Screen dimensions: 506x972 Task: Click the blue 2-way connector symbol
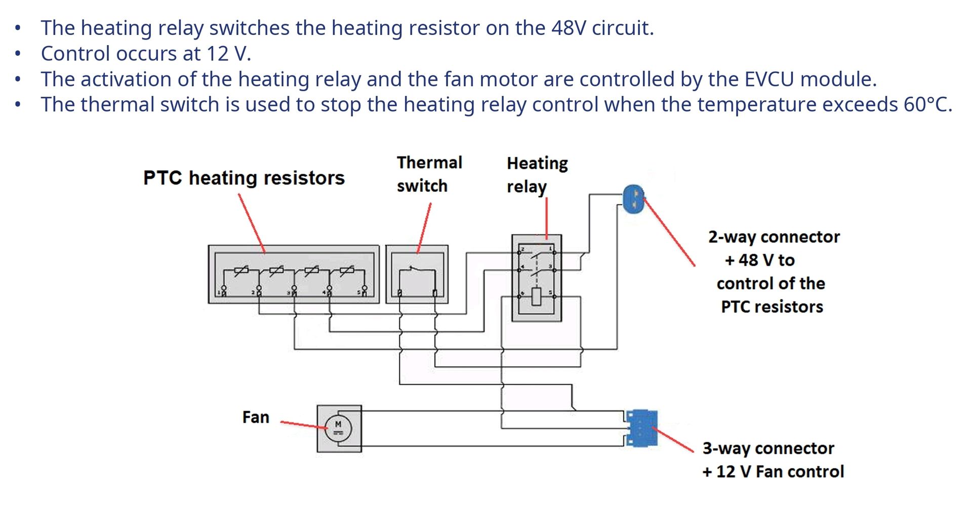(633, 199)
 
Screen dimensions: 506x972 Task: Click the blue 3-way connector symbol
(641, 429)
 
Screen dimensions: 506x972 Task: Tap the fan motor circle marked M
(338, 429)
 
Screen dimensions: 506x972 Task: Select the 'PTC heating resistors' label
(244, 178)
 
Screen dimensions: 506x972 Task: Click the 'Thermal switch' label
(429, 174)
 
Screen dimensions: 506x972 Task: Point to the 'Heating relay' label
(537, 175)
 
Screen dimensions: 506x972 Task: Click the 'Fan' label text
(256, 417)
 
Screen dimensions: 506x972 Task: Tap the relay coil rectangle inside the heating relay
(537, 297)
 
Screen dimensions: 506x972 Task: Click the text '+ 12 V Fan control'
(773, 472)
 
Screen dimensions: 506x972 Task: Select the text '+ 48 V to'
(759, 260)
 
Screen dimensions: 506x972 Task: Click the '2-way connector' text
(774, 237)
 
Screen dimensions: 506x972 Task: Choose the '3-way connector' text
(768, 448)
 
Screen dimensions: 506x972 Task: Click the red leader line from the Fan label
(304, 424)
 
